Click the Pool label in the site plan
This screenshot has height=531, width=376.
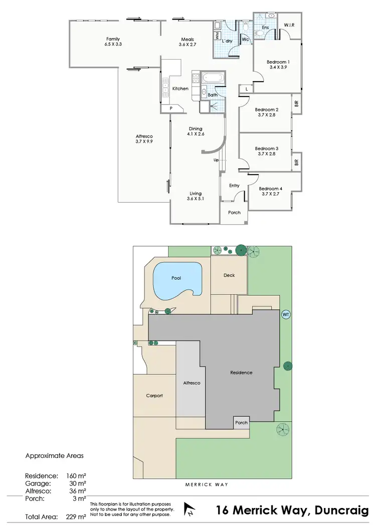(x=176, y=278)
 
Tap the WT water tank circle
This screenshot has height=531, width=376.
(x=286, y=315)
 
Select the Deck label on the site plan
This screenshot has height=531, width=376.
(x=229, y=275)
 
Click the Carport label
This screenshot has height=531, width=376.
(x=154, y=395)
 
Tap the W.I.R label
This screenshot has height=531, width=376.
(x=289, y=25)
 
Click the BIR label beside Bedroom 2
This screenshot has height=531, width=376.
(x=297, y=104)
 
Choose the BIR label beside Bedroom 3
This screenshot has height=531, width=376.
(x=297, y=162)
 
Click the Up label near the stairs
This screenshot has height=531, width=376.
(x=216, y=160)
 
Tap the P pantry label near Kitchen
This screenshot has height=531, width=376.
(x=171, y=108)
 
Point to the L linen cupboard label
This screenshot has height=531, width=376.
(x=247, y=89)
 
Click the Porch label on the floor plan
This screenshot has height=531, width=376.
(x=234, y=213)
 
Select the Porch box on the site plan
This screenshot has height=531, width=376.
(x=242, y=422)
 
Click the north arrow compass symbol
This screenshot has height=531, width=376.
(x=190, y=510)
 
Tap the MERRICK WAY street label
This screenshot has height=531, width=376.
(x=207, y=485)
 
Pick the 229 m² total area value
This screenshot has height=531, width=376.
(x=74, y=516)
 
